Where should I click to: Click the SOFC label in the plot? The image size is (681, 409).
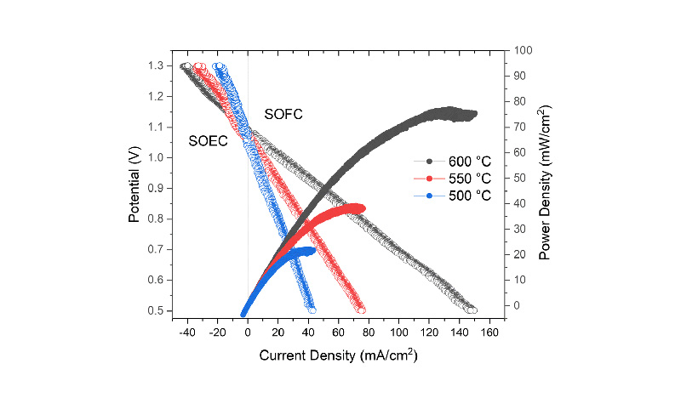point(283,114)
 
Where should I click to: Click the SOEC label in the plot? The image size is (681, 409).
point(208,141)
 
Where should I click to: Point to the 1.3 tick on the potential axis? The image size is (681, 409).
point(156,65)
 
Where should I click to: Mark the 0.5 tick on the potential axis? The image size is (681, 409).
point(156,311)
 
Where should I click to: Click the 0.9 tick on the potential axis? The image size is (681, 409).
point(156,189)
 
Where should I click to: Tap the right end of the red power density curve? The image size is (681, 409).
point(363,207)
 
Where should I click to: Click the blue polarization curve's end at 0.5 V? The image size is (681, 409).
point(312,310)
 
